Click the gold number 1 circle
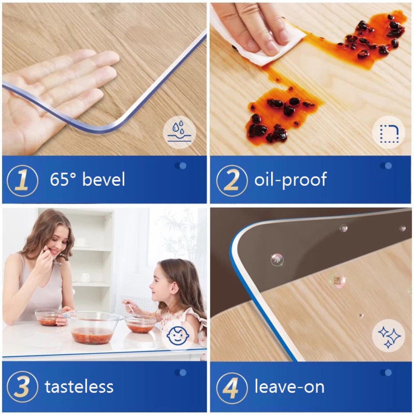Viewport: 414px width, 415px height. tap(22, 181)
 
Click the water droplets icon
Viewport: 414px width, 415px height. tap(179, 132)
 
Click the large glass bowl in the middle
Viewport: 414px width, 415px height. tap(93, 328)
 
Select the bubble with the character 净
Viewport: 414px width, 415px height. tap(277, 259)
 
